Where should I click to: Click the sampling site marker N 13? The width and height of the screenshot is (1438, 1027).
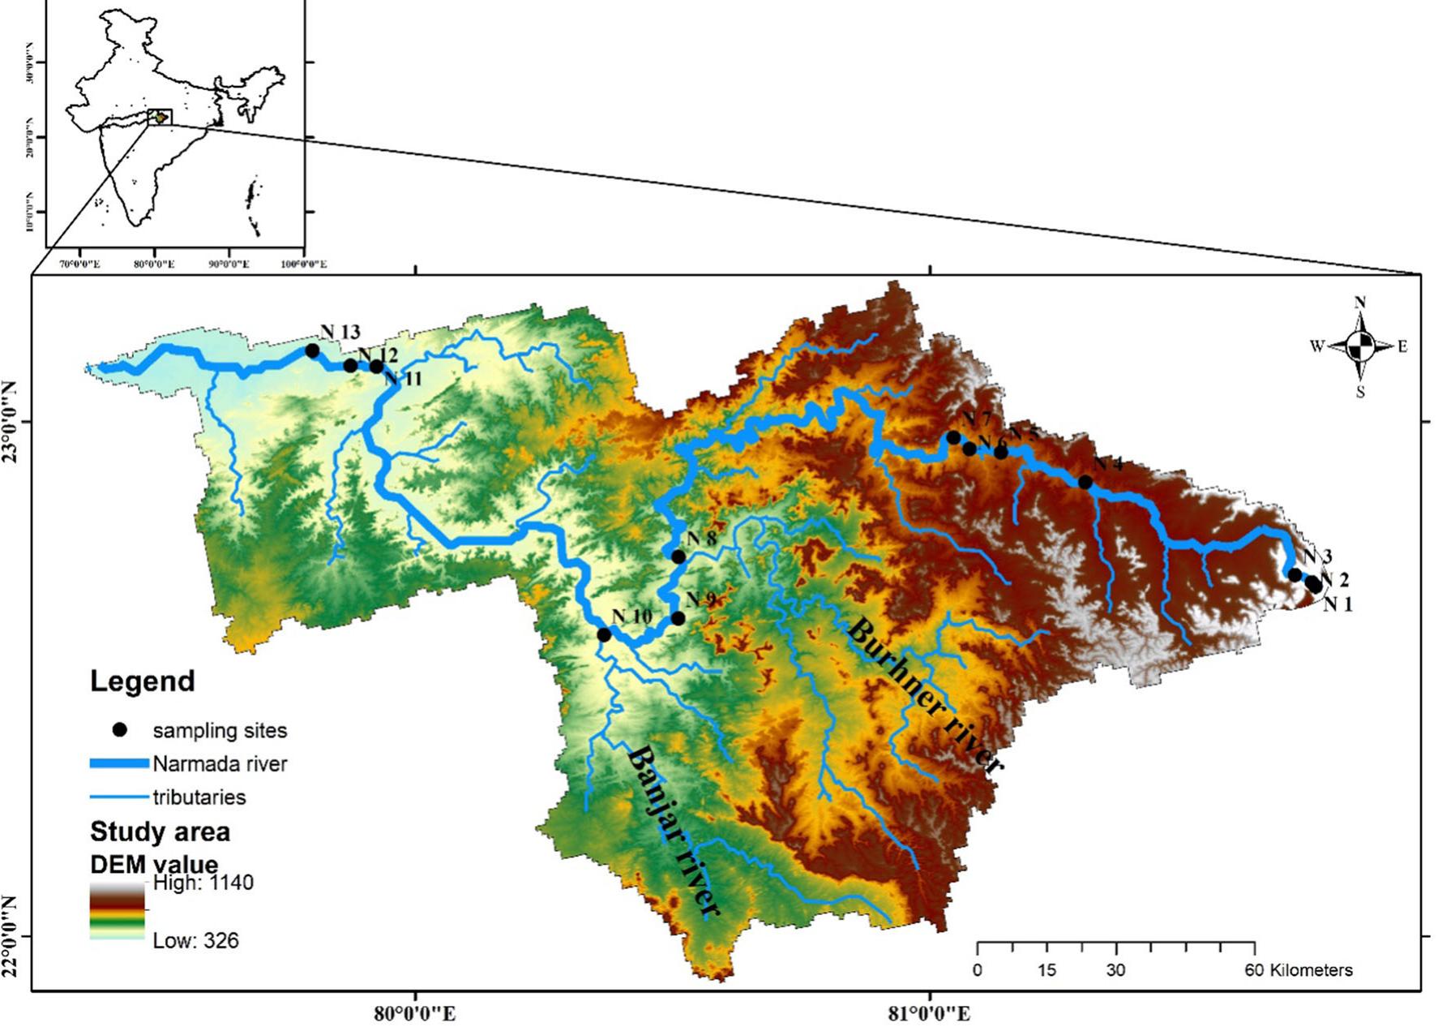312,350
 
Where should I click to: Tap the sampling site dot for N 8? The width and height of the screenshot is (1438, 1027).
678,556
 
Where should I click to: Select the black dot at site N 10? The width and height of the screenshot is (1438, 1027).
604,634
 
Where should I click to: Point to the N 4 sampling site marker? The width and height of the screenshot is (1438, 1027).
1085,482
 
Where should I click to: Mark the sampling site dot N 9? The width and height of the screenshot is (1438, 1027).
678,618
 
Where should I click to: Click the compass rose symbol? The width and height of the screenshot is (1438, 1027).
1361,346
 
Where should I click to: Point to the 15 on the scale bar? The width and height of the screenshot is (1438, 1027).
1047,970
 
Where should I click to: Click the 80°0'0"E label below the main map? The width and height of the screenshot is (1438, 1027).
415,1013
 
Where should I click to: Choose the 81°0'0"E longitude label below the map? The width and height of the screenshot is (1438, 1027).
930,1013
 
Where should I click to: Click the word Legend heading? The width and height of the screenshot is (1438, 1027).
143,681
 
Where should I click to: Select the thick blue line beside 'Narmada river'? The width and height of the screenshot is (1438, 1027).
119,763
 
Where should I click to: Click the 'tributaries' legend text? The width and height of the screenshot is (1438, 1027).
199,797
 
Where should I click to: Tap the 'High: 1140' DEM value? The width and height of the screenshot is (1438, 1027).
203,883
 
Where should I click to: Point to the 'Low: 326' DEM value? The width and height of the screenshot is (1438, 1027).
196,941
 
